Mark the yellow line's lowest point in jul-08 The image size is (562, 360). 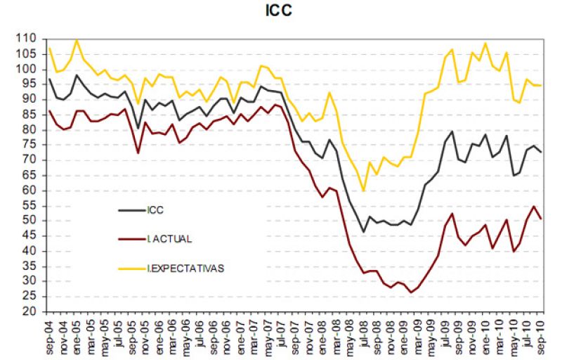point(363,191)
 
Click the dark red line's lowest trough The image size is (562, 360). point(412,292)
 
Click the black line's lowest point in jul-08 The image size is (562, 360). point(363,232)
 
